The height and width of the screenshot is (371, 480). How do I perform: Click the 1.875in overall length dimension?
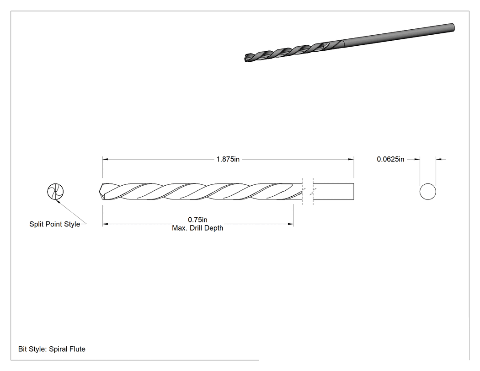[228, 159]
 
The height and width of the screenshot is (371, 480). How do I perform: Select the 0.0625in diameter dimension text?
[390, 159]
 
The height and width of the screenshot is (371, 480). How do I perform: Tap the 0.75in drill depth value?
[197, 220]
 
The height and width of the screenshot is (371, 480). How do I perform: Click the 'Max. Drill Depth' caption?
[197, 228]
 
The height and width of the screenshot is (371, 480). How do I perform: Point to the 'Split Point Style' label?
[54, 224]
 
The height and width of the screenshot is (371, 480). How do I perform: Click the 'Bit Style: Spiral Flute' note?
[52, 349]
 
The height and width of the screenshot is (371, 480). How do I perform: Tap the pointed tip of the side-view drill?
[100, 192]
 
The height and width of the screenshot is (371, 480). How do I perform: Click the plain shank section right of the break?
[334, 192]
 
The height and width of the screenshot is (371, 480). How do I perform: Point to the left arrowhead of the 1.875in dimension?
[105, 159]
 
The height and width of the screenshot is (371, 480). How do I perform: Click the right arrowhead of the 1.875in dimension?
[351, 159]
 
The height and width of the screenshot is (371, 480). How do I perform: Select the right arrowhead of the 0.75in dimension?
[290, 224]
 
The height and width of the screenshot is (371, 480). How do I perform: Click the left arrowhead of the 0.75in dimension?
[105, 224]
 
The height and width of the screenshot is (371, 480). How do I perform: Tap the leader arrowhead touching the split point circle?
[57, 201]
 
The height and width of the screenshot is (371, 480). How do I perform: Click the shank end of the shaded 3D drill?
[453, 27]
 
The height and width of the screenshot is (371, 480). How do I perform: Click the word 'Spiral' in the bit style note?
[57, 349]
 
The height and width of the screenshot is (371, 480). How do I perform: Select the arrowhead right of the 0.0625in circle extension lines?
[439, 159]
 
